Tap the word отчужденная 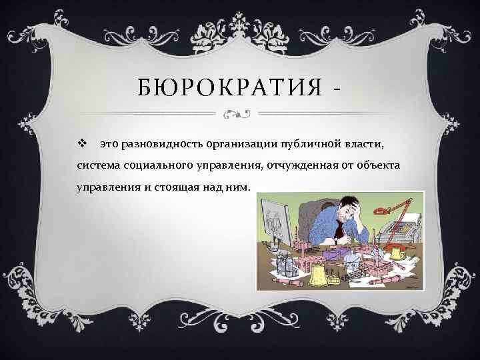pos(300,165)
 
